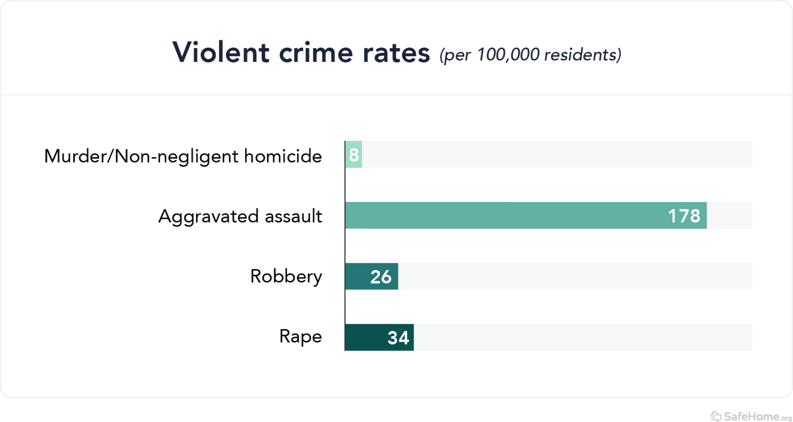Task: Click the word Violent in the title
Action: coord(221,53)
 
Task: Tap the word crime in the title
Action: coord(315,53)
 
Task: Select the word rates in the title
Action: coord(396,53)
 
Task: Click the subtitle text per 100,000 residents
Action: coord(530,55)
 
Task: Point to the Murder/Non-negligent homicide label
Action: coord(183,156)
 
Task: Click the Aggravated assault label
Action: coord(240,216)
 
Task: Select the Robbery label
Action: coord(286,276)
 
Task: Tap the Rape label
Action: coord(300,336)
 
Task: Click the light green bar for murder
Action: coord(354,154)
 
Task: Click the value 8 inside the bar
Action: coord(354,154)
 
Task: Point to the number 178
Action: coord(684,216)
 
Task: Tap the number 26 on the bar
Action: coord(381,277)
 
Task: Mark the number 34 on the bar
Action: coord(398,338)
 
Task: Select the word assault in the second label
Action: coord(293,216)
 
